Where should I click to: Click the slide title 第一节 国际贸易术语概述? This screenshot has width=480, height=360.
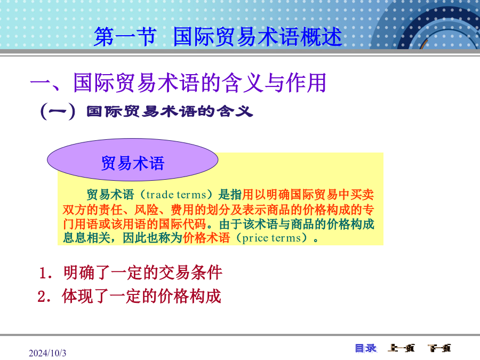click(x=218, y=37)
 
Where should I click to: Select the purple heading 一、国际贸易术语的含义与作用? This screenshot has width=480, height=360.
click(x=178, y=83)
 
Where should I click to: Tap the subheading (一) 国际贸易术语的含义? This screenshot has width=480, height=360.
click(x=147, y=111)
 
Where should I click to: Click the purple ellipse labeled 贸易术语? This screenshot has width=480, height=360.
click(x=133, y=159)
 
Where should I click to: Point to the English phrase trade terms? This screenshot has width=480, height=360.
click(x=176, y=195)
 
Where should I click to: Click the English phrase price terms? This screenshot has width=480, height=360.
click(x=271, y=238)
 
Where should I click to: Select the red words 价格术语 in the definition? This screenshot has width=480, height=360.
click(x=206, y=238)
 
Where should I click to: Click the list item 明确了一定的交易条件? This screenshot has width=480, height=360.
click(x=142, y=273)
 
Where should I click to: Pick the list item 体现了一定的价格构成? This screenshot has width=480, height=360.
click(x=141, y=296)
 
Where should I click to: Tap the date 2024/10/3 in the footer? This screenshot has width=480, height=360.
click(x=47, y=353)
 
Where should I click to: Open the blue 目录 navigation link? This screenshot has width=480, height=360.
click(x=366, y=348)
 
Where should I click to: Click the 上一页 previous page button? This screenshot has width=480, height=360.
click(x=401, y=348)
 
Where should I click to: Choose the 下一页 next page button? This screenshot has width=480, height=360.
click(x=439, y=348)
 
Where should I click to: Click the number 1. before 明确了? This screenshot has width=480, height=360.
click(x=45, y=273)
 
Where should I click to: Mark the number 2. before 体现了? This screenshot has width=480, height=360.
click(x=44, y=297)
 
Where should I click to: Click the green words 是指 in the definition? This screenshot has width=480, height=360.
click(x=230, y=195)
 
